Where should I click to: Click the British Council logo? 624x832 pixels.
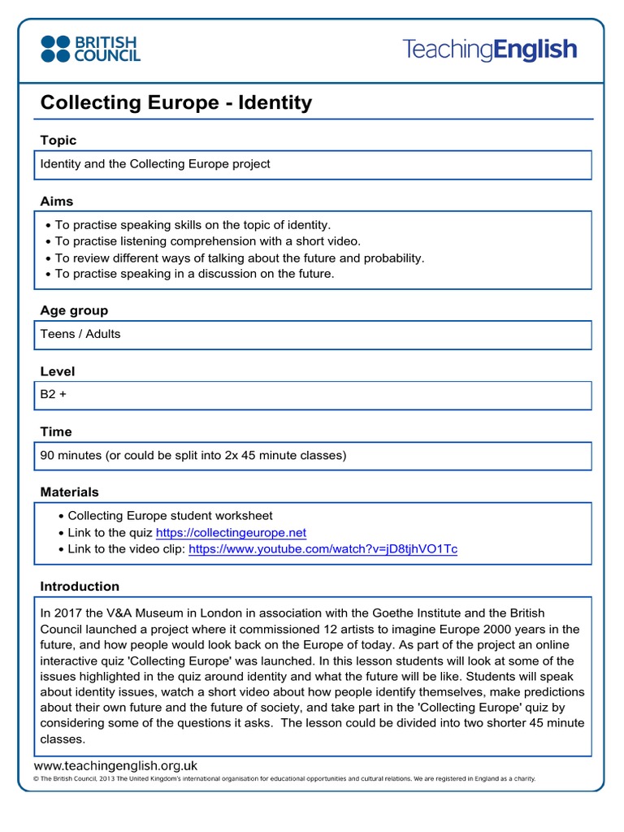point(90,49)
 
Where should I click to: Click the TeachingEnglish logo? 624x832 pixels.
point(489,50)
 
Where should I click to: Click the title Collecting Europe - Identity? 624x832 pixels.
point(176,102)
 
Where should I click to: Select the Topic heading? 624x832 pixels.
point(58,141)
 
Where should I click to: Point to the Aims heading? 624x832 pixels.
point(57,201)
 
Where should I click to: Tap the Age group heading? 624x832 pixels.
point(74,310)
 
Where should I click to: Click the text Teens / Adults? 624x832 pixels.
point(80,334)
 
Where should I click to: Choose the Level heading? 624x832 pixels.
point(58,371)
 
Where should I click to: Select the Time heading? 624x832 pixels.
point(56,431)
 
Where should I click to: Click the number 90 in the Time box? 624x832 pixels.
point(48,455)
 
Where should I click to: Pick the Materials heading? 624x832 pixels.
point(70,492)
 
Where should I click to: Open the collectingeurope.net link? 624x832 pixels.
point(231,532)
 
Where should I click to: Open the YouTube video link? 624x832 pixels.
point(323,549)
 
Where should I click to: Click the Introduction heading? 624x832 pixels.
point(80,586)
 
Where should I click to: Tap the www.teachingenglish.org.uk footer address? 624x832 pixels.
point(116,765)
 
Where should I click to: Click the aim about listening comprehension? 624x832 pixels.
point(207,241)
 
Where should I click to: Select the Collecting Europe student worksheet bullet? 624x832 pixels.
point(170,516)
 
